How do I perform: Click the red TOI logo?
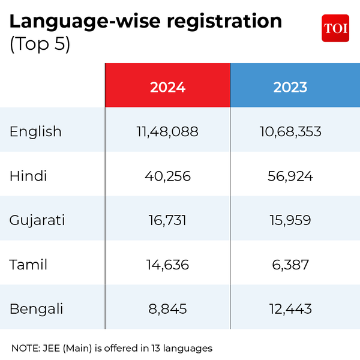pyautogui.click(x=335, y=28)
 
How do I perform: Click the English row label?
pyautogui.click(x=35, y=131)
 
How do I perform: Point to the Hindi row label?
pyautogui.click(x=28, y=176)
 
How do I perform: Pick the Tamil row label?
pyautogui.click(x=28, y=265)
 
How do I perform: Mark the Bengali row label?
pyautogui.click(x=37, y=309)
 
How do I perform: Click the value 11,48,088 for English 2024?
pyautogui.click(x=167, y=131)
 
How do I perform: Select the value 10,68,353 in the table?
pyautogui.click(x=290, y=131)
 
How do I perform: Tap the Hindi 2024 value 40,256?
pyautogui.click(x=167, y=176)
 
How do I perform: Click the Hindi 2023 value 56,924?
pyautogui.click(x=290, y=176)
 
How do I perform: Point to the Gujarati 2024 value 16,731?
pyautogui.click(x=167, y=220)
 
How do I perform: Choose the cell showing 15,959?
pyautogui.click(x=290, y=220)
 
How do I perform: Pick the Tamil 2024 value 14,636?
pyautogui.click(x=167, y=265)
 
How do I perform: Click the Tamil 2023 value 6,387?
pyautogui.click(x=290, y=265)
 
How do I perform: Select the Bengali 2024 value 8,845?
pyautogui.click(x=167, y=309)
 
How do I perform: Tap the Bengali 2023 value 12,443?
pyautogui.click(x=290, y=309)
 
